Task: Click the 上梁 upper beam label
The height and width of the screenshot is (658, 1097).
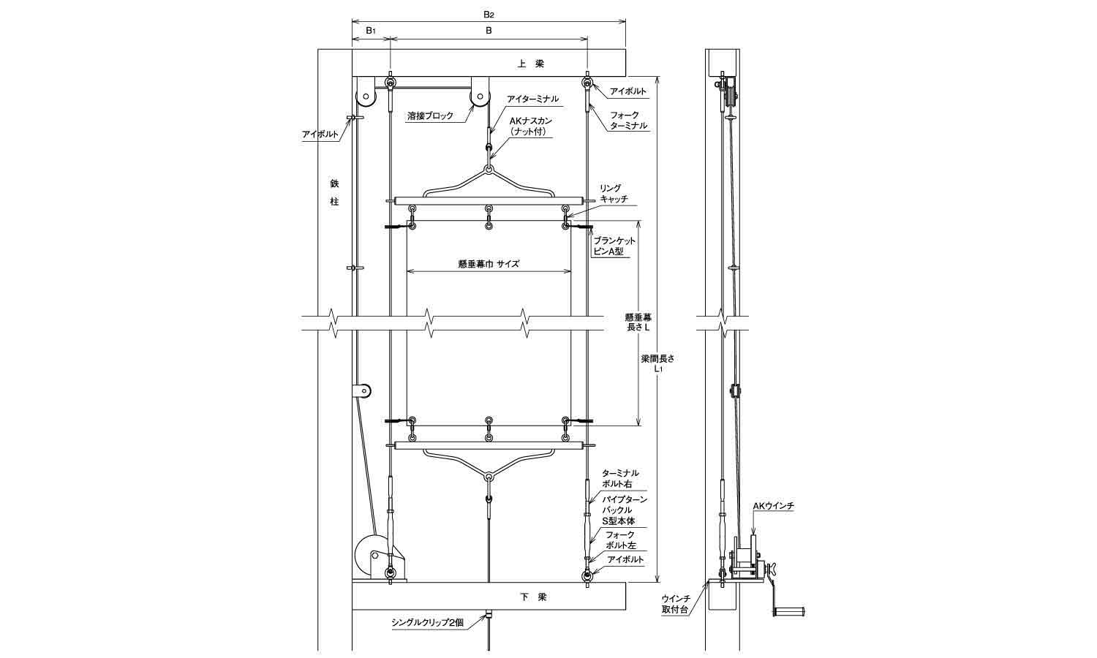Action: (531, 64)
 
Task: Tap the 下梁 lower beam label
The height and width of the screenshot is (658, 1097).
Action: (533, 597)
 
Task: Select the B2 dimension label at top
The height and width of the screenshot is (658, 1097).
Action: (489, 15)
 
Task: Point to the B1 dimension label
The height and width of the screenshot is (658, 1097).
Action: (371, 31)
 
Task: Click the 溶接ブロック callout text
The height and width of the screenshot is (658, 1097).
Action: (431, 116)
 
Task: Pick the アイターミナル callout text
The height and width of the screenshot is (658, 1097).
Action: (532, 99)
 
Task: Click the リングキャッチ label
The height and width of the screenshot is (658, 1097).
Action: (613, 194)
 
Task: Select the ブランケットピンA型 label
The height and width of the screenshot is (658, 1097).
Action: (614, 246)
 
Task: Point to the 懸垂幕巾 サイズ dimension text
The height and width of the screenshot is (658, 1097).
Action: (489, 263)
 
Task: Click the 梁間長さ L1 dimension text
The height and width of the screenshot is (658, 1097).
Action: (657, 363)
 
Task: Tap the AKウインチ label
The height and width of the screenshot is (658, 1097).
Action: (773, 506)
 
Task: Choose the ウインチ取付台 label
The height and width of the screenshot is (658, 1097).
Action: (676, 604)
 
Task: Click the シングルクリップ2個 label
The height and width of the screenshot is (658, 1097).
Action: (427, 622)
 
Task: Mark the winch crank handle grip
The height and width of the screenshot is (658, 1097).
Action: (789, 611)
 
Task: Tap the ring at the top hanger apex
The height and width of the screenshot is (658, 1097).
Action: (489, 170)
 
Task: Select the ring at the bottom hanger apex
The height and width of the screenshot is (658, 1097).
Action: (489, 477)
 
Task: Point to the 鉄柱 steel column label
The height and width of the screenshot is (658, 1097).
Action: (334, 192)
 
